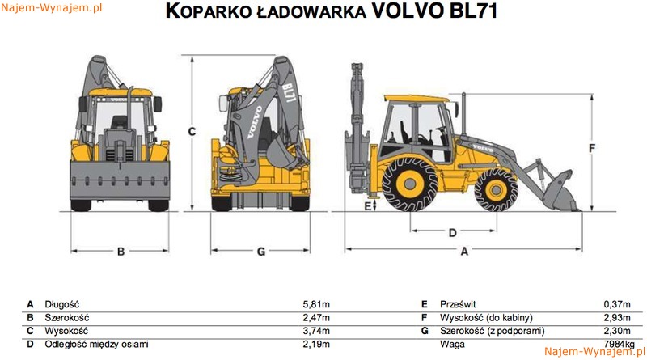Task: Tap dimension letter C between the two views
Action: click(x=192, y=131)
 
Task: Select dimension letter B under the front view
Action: click(x=121, y=252)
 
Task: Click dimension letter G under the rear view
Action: click(x=260, y=252)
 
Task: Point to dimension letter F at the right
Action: click(x=592, y=148)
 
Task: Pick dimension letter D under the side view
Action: click(x=452, y=233)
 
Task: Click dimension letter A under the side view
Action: click(x=464, y=252)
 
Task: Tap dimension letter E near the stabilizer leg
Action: click(x=367, y=207)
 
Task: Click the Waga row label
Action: click(x=451, y=344)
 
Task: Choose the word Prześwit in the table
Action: click(x=458, y=304)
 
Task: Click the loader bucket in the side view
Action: click(x=556, y=191)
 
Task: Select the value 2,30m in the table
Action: click(x=618, y=331)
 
